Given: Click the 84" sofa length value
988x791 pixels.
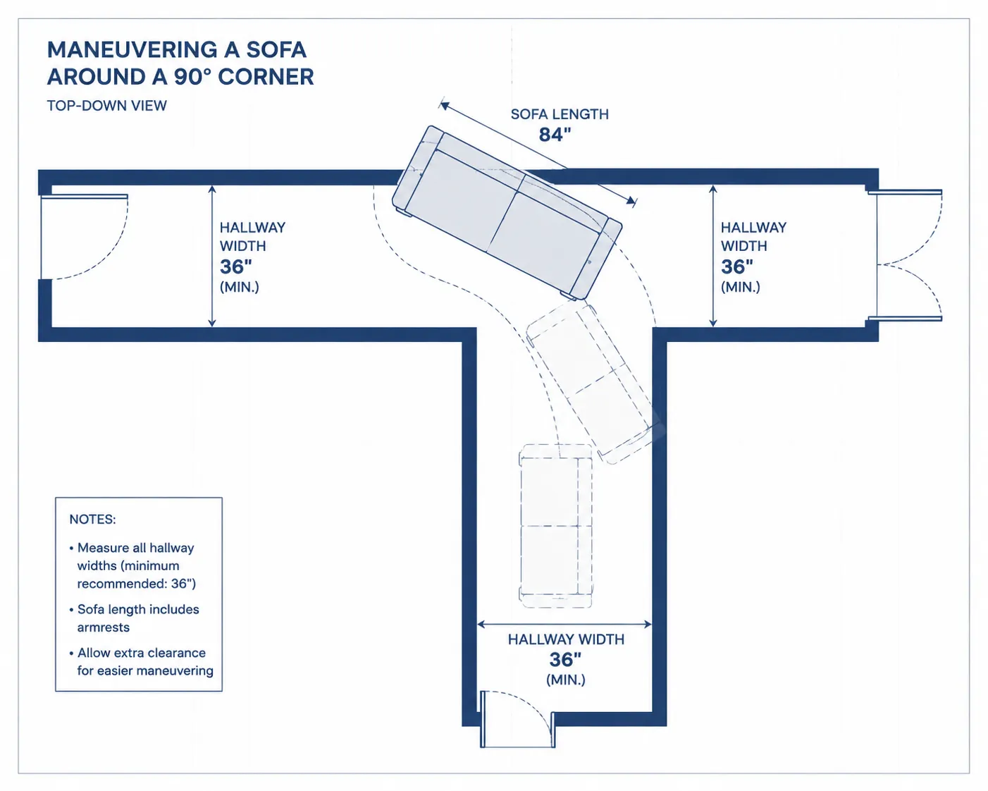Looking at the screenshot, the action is (x=555, y=135).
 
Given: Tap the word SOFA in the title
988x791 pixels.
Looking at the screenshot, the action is (x=276, y=49).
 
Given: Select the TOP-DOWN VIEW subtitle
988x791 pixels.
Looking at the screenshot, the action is (x=106, y=106).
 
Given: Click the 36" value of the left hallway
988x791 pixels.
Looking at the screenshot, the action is (x=235, y=266).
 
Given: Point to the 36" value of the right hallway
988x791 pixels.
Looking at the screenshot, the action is (x=737, y=266).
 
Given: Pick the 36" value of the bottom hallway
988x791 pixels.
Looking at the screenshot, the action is (x=565, y=660).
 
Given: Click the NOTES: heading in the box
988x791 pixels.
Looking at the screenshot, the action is (x=92, y=519).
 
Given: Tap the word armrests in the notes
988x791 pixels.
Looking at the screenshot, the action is (x=104, y=627).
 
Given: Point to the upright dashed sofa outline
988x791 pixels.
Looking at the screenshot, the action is (x=555, y=526).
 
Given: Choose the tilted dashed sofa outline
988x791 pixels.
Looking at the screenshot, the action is (x=591, y=382).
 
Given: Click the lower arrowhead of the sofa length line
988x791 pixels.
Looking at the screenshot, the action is (x=632, y=201).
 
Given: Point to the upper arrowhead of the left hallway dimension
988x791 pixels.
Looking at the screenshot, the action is (x=211, y=189).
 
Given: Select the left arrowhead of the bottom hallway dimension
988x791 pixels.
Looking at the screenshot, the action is (x=481, y=624).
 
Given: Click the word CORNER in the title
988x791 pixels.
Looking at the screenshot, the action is (x=266, y=77).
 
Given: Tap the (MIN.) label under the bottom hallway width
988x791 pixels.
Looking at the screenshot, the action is (x=566, y=680).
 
